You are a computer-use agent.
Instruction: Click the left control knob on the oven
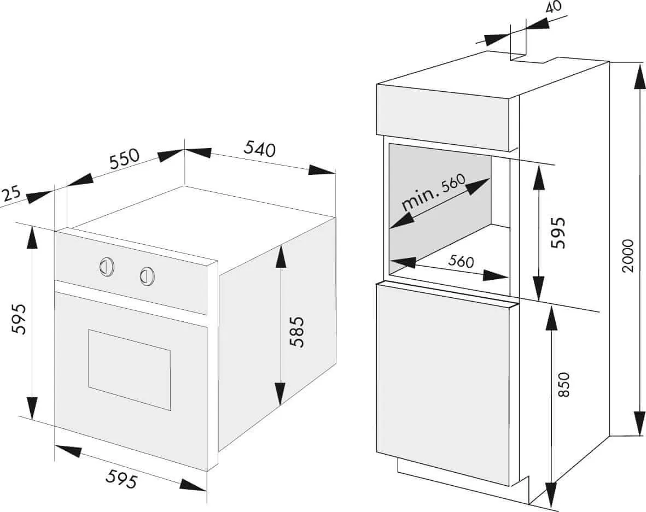[107, 266]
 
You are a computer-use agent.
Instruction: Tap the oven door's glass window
[129, 369]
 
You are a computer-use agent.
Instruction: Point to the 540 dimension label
[259, 149]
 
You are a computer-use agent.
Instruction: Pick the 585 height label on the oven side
[296, 332]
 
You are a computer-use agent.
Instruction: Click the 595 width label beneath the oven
[121, 479]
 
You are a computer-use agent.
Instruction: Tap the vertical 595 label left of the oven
[19, 319]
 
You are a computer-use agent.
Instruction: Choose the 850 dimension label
[564, 385]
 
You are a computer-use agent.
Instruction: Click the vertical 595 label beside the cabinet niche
[558, 233]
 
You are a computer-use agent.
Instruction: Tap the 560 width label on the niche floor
[461, 261]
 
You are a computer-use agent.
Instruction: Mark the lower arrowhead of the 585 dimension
[280, 393]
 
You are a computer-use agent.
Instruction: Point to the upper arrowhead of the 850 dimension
[550, 317]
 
